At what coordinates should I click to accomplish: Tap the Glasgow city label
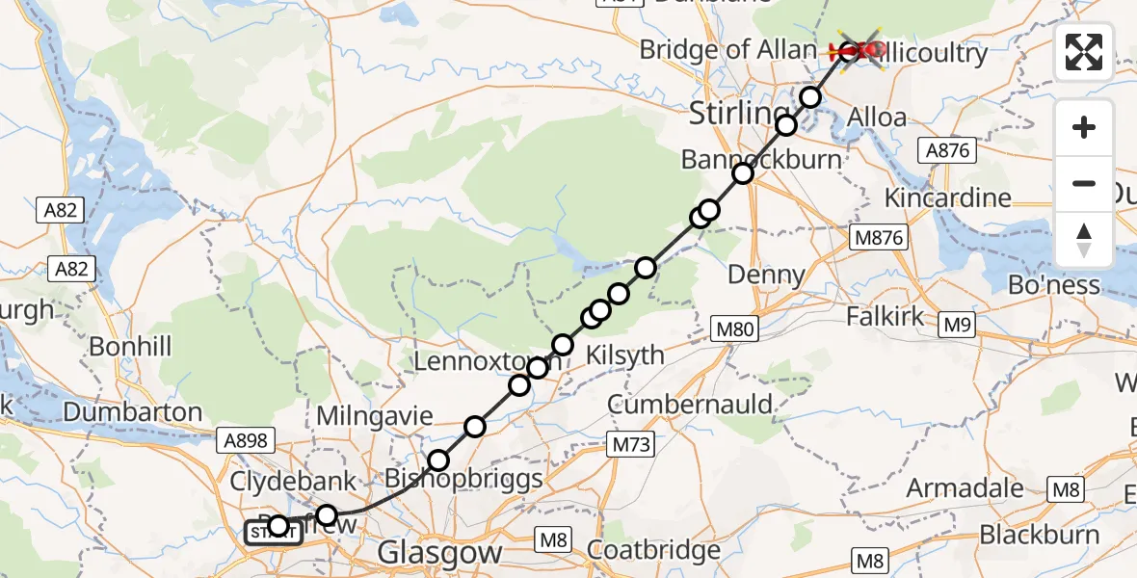pos(440,553)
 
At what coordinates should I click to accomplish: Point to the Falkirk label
pos(885,316)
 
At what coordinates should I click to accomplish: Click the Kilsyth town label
pos(625,355)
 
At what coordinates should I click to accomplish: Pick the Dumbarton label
pos(133,412)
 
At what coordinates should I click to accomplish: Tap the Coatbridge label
pos(653,551)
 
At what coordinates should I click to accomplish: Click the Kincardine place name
pos(949,198)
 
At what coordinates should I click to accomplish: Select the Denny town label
pos(766,275)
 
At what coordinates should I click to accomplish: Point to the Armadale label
pos(965,487)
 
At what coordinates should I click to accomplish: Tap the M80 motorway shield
pos(733,330)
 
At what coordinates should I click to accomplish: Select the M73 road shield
pos(631,444)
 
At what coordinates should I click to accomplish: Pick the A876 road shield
pos(947,149)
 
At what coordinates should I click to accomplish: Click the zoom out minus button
pos(1084,184)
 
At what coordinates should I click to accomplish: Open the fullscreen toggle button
pos(1084,51)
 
